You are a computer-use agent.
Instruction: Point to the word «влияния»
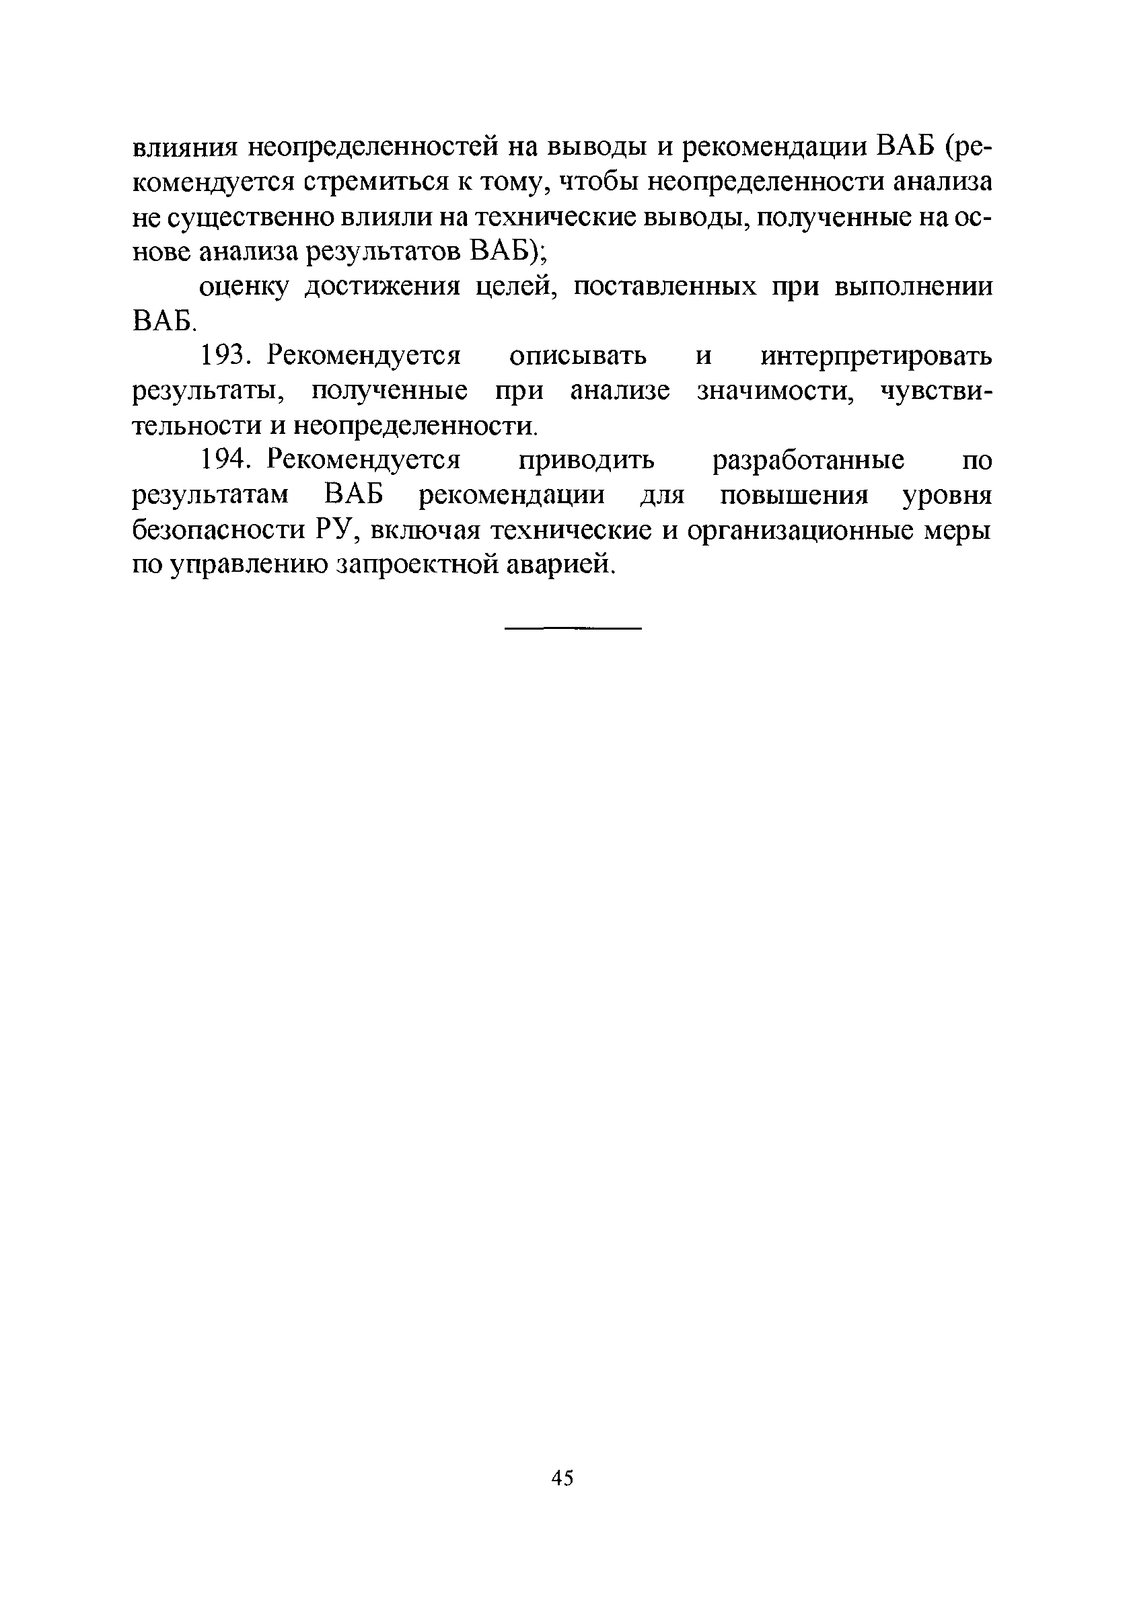[x=186, y=147]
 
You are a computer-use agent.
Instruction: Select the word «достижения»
[x=382, y=287]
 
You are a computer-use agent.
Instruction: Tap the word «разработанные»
[x=808, y=461]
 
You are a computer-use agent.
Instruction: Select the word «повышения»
[x=794, y=496]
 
